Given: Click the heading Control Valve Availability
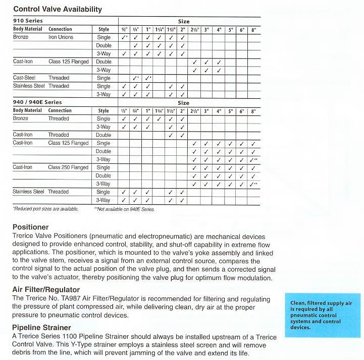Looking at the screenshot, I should pos(57,9).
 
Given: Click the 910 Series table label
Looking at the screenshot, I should pos(28,21).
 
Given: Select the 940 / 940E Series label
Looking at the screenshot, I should pos(37,102).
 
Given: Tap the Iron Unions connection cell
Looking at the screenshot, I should pos(61,37).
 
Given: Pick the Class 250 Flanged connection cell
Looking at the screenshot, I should pos(68,167).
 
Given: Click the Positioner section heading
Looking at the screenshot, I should pos(30,227).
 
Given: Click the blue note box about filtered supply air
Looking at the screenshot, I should pos(321,315).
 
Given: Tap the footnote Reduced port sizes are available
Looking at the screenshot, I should pos(45,209).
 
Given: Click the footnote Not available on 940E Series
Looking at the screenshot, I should pos(124,209).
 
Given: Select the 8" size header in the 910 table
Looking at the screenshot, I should pos(253,30).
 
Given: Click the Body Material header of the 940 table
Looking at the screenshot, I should pos(27,110).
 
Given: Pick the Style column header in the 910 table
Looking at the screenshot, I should pos(104,29).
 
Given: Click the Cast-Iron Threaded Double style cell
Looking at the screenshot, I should pos(103,135).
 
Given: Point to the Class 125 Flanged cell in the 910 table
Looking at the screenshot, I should pos(68,62).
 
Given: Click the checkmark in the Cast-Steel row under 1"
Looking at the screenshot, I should pos(148,78).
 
